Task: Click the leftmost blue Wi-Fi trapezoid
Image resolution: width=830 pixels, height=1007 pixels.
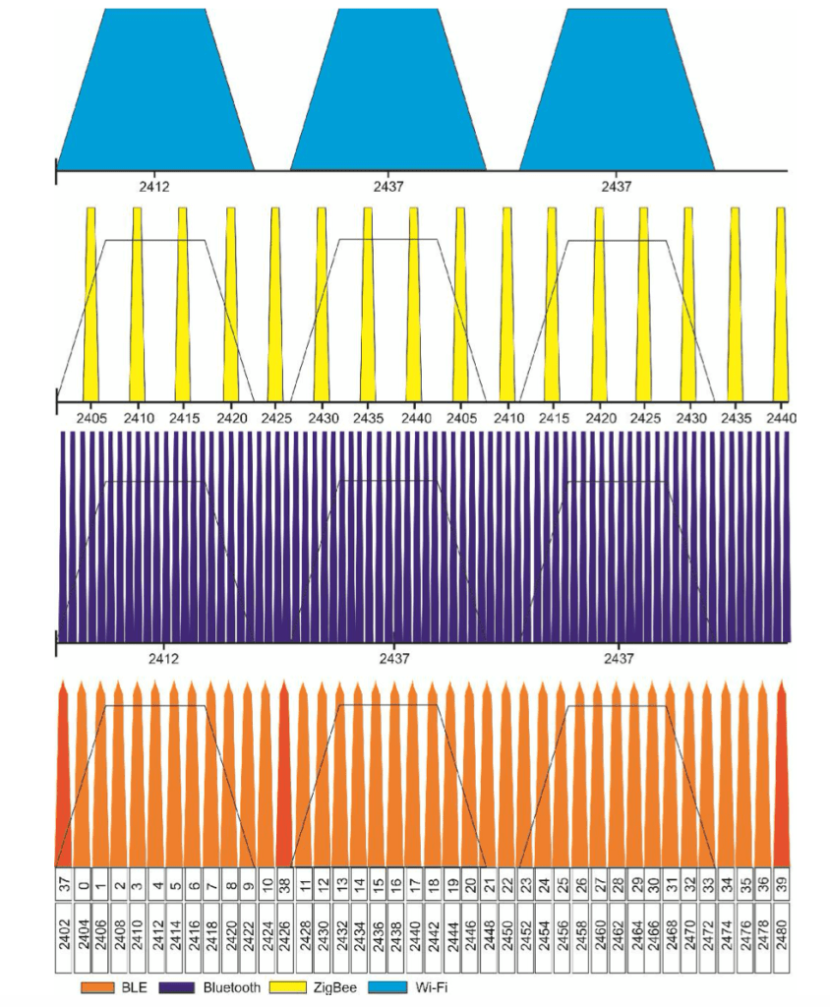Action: coord(155,93)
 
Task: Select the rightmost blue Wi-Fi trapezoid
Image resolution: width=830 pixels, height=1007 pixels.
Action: coord(617,93)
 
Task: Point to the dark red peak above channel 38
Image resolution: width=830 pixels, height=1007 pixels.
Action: coord(284,777)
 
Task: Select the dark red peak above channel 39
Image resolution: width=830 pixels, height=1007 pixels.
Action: coord(782,777)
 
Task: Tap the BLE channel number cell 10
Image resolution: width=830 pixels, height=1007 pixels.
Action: coord(267,886)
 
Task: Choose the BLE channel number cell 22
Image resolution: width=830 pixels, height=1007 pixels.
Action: coord(506,886)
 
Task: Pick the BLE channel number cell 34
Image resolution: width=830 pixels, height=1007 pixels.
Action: coord(727,886)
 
